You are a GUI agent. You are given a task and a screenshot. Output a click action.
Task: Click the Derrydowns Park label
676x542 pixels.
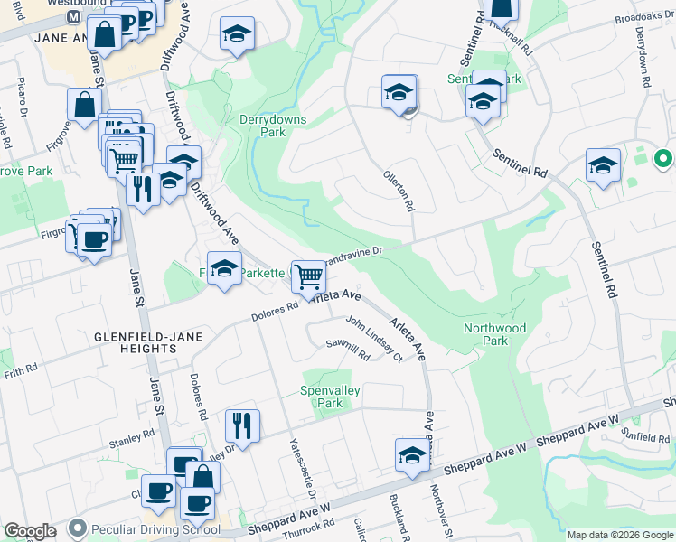coord(273,126)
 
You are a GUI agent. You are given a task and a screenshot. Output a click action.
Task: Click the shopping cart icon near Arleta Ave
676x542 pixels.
coord(308,276)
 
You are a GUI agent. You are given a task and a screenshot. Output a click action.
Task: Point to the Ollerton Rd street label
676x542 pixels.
coord(399,191)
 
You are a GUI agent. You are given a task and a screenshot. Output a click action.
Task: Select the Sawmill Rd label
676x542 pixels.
coord(349,350)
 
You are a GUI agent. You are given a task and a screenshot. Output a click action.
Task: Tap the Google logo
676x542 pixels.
coord(30,531)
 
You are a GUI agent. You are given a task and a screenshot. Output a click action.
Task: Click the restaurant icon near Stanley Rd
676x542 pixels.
coord(241,424)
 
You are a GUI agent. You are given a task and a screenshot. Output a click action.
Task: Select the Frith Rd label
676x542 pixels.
coord(19,370)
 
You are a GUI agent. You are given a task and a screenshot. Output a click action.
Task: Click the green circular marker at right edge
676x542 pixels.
coord(662,160)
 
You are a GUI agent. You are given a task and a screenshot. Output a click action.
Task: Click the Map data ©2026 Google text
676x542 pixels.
coord(619,535)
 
